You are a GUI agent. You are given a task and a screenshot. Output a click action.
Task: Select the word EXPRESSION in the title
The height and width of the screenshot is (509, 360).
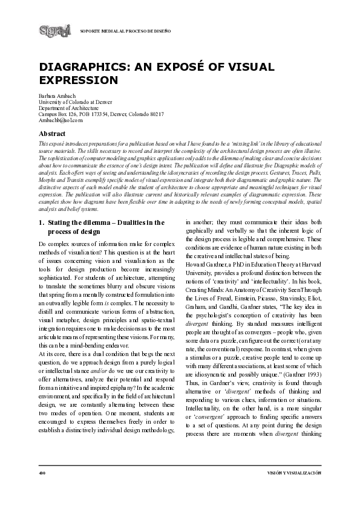click(x=78, y=80)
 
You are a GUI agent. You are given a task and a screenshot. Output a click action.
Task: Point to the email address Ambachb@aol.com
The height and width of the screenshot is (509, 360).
click(x=59, y=120)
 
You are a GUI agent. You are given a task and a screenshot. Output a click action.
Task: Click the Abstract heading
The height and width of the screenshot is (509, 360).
click(x=52, y=132)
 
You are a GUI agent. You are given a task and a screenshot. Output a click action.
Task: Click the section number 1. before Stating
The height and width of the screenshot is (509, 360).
click(x=41, y=222)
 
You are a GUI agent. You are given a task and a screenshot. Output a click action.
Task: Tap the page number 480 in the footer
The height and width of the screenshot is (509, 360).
click(x=42, y=472)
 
